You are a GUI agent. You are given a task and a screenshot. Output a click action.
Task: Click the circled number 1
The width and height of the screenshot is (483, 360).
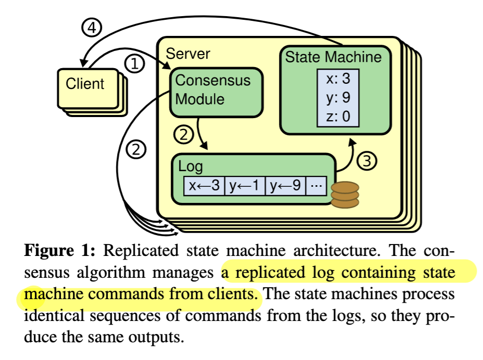point(134,65)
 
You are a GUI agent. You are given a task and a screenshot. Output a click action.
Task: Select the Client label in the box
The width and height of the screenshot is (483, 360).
point(85,84)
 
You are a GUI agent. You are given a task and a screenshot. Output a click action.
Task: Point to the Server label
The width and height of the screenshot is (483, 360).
point(188,54)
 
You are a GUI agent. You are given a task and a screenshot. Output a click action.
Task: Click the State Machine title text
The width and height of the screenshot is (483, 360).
point(333,57)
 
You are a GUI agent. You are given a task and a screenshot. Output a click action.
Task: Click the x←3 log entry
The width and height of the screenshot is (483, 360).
point(204,186)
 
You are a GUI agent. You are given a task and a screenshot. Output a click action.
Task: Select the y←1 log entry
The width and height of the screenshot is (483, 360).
point(245,186)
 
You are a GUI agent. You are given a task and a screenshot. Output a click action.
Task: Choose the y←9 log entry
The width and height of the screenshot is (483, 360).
point(285,186)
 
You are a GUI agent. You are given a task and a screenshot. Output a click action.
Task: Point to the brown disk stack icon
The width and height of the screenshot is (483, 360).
point(345,195)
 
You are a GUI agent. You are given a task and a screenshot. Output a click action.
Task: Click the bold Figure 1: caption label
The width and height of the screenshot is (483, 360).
point(60,250)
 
